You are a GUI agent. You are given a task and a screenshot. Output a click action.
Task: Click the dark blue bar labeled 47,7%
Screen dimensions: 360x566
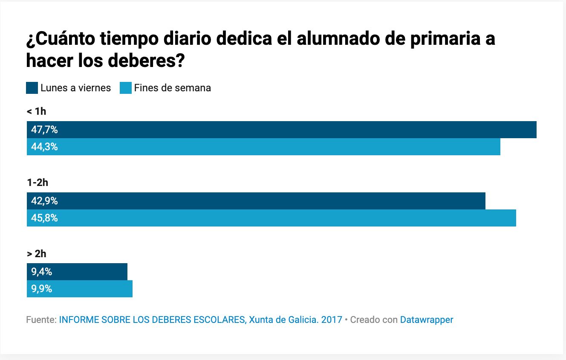point(281,130)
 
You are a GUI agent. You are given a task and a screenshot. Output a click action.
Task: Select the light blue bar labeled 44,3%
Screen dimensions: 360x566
point(263,147)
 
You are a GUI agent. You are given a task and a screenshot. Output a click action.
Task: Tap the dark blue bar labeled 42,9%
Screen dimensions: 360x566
point(256,201)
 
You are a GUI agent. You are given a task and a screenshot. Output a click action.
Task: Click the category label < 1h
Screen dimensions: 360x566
point(36,112)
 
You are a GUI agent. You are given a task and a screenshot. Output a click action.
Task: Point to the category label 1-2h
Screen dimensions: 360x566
point(38,183)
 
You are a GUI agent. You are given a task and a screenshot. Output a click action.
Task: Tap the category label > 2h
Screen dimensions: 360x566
point(36,254)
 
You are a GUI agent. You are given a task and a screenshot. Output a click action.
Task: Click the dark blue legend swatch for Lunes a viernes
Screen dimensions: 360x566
point(32,88)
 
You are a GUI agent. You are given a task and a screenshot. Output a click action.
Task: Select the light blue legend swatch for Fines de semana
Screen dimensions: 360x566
point(126,88)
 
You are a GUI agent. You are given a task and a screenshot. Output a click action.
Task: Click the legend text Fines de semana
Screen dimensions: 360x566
point(172,88)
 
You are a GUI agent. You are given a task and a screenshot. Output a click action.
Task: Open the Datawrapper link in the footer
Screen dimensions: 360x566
point(426,319)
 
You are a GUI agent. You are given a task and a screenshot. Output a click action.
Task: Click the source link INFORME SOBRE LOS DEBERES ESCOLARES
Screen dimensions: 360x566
point(151,319)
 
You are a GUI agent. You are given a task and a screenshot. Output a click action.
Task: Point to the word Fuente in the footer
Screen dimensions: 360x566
point(40,319)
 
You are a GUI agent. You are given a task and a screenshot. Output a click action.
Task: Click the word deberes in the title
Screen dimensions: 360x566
point(143,61)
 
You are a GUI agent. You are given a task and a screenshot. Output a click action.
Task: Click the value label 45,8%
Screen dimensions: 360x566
point(44,218)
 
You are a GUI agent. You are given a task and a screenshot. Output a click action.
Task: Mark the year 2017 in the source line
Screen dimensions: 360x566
point(332,319)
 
